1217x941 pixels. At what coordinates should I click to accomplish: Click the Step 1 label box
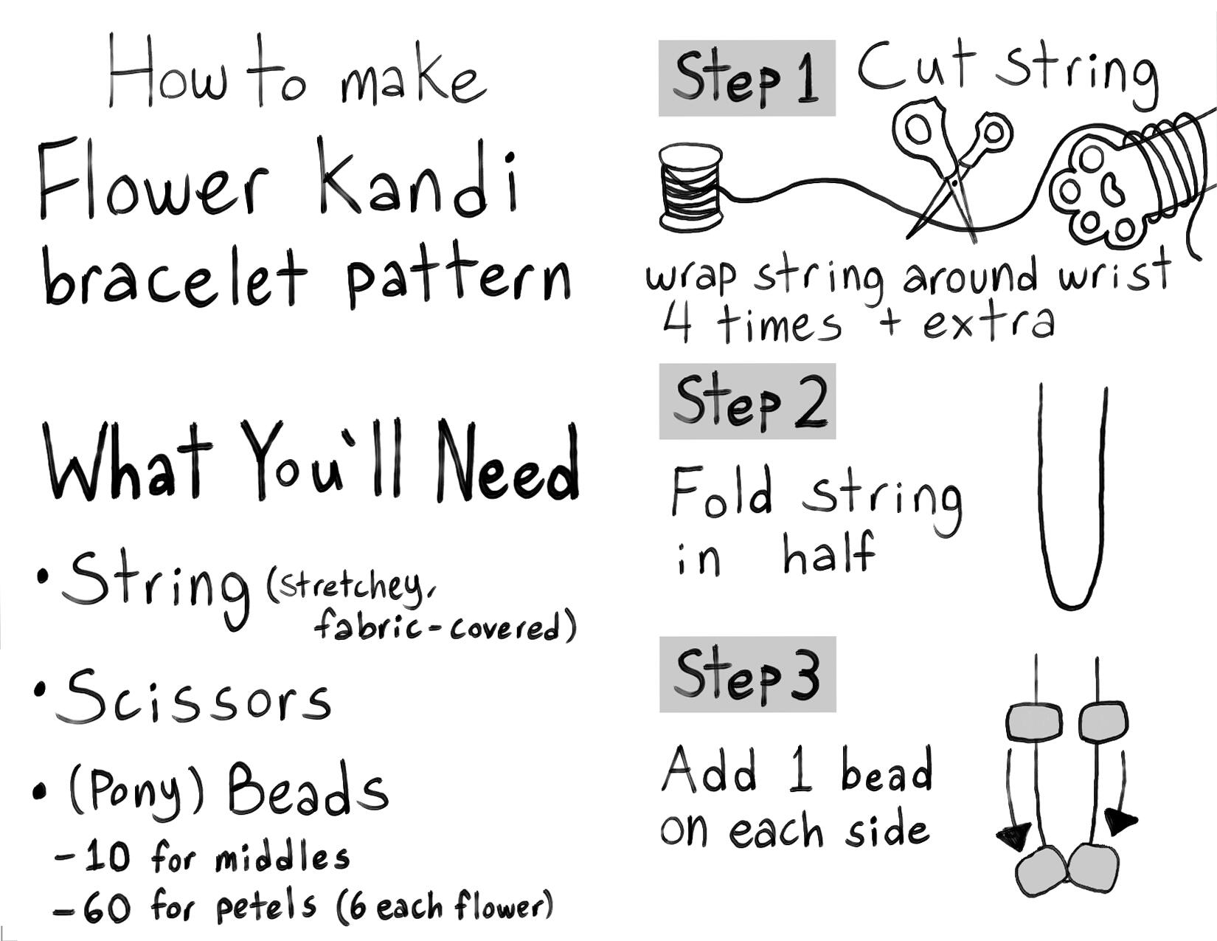click(x=747, y=78)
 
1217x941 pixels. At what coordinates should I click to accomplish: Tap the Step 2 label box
click(x=747, y=401)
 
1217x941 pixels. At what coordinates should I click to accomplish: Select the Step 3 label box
click(x=748, y=675)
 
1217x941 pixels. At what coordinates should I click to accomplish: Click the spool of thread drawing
click(x=690, y=187)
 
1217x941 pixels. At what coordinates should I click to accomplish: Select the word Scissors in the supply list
click(x=193, y=695)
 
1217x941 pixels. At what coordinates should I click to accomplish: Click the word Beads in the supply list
click(x=308, y=787)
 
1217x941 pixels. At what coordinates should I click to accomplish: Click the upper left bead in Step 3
click(x=1034, y=723)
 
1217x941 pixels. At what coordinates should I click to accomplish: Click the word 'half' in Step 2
click(x=829, y=553)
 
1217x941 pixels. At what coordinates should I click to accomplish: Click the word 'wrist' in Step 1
click(x=1114, y=272)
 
